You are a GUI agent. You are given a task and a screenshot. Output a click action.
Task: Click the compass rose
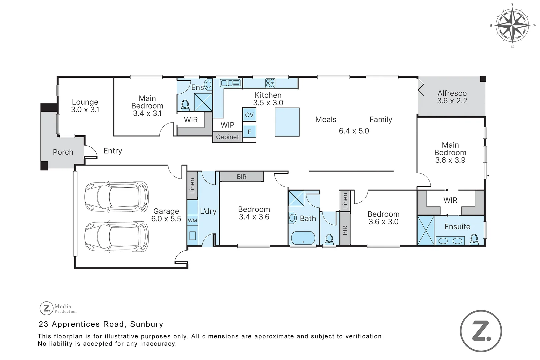click(x=512, y=25)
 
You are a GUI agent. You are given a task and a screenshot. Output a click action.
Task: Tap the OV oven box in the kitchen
click(x=249, y=115)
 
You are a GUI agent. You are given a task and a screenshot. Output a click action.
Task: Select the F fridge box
click(x=249, y=132)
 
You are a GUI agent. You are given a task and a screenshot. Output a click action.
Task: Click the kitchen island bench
click(x=287, y=122)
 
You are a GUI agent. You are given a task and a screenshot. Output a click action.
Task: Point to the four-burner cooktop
click(x=270, y=83)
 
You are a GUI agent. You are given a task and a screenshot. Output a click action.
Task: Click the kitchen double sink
click(x=230, y=83)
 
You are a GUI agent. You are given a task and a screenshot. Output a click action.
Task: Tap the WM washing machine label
click(x=192, y=220)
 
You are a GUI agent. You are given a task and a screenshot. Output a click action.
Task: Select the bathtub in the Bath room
click(x=303, y=238)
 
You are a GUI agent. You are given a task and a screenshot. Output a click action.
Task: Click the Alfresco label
click(x=452, y=93)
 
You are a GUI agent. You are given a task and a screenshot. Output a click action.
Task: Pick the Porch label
click(x=63, y=152)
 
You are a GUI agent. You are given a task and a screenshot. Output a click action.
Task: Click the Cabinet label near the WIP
click(x=227, y=137)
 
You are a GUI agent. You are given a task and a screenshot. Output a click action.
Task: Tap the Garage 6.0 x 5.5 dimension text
click(x=166, y=218)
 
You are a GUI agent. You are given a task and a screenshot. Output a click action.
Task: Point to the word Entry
click(x=113, y=151)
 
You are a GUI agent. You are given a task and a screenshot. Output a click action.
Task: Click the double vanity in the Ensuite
click(x=450, y=241)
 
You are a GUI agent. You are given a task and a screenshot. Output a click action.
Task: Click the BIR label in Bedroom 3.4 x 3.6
click(x=242, y=177)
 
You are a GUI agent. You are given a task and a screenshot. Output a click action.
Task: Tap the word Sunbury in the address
click(x=147, y=324)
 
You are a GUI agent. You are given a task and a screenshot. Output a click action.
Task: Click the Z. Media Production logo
click(x=58, y=308)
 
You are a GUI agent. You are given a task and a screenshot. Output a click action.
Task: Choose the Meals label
click(x=326, y=119)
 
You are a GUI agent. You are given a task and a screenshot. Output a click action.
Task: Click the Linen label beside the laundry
click(x=192, y=186)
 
